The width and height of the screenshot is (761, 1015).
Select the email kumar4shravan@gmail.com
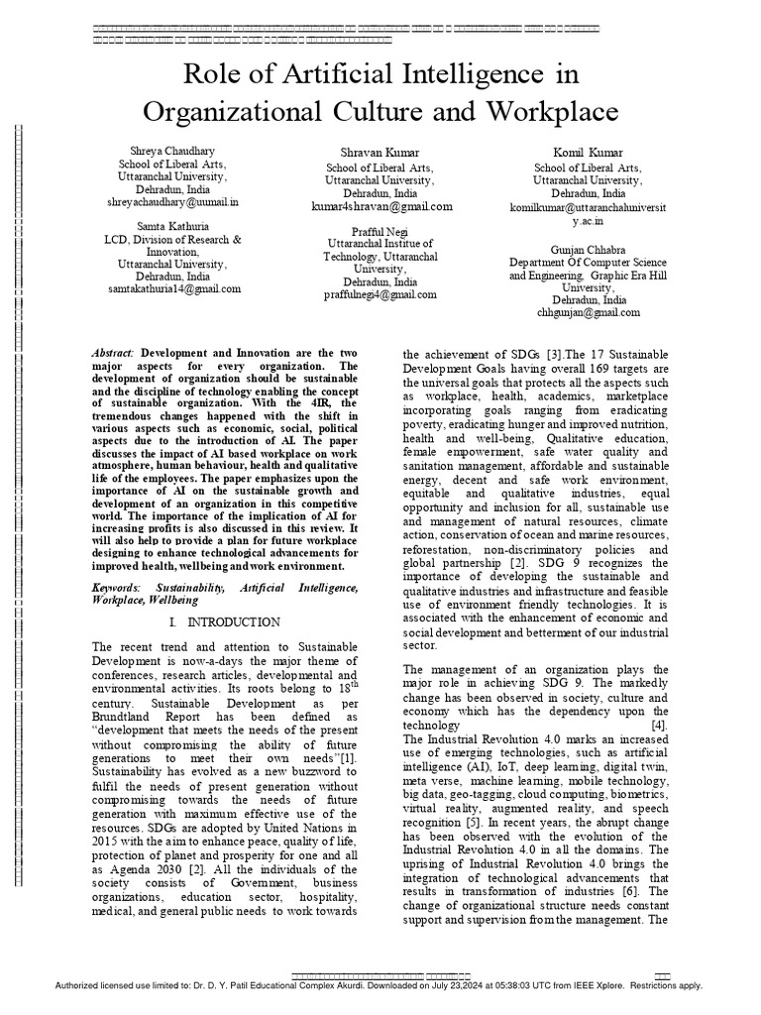point(382,207)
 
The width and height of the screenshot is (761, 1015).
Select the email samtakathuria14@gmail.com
point(173,289)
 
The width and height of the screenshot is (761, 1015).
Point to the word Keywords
point(116,588)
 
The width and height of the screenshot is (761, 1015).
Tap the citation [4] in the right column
point(659,726)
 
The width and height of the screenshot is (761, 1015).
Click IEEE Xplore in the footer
point(620,986)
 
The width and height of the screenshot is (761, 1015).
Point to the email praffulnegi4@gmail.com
point(382,294)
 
